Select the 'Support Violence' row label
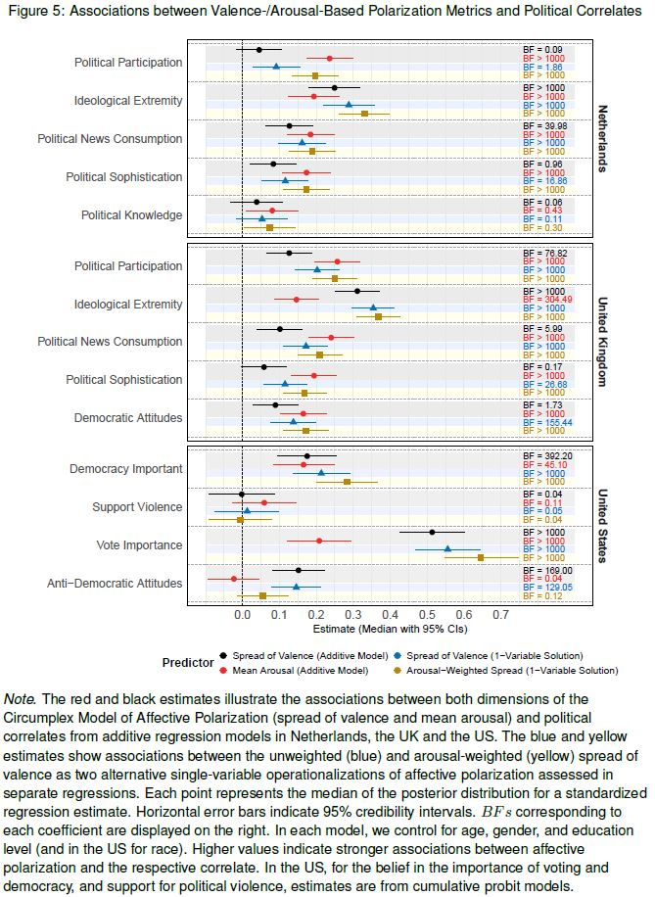[137, 506]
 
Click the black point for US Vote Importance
[432, 532]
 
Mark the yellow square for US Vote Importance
[481, 556]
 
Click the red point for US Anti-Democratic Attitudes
[234, 578]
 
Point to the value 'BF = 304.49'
[547, 300]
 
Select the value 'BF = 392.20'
[547, 456]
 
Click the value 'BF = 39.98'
[546, 126]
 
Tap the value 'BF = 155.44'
[547, 422]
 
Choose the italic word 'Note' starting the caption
[19, 698]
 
